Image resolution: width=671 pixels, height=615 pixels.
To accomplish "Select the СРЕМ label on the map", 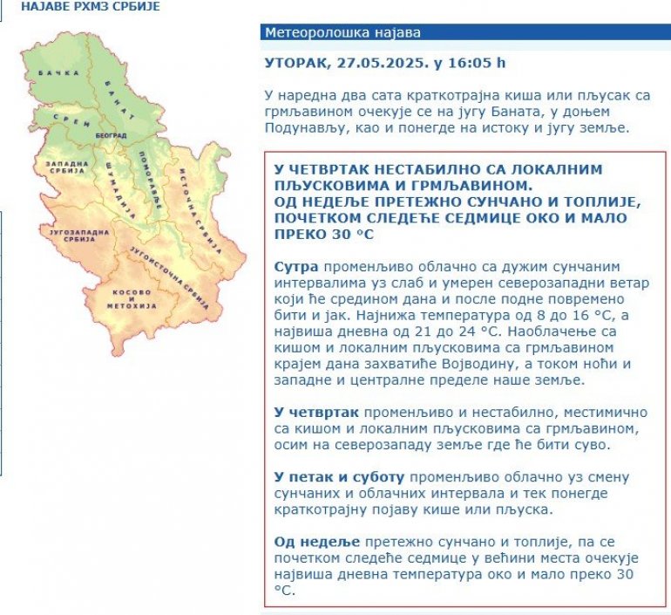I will coord(71,120).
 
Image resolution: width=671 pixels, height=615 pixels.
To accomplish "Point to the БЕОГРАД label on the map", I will coord(111,136).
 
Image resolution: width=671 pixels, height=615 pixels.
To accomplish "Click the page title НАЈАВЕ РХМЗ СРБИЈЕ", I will coord(78,5).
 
